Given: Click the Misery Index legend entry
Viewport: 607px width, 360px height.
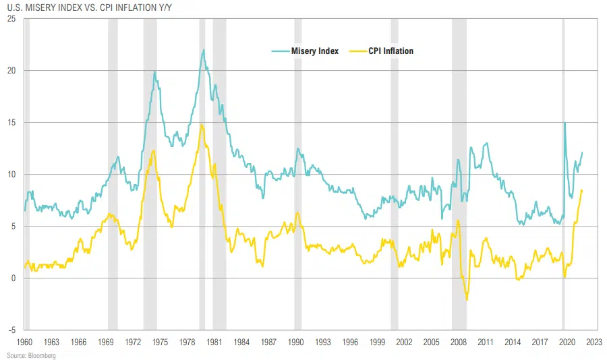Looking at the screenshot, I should click(314, 51).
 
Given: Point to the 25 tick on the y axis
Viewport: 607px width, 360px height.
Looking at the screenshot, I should click(11, 18).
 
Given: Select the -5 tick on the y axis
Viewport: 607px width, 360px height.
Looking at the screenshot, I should click(11, 330).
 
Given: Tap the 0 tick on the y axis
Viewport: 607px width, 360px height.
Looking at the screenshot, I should click(13, 278).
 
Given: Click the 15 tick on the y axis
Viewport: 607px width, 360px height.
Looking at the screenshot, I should click(11, 122).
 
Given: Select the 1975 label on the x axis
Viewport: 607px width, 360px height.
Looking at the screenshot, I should click(160, 342).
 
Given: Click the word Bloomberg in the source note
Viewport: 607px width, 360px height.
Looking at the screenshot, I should click(42, 355).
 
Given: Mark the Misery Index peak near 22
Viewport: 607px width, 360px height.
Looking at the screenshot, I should click(203, 50).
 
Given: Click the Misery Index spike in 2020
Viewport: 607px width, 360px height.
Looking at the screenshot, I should click(565, 123).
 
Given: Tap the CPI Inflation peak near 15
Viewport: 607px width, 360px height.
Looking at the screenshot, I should click(201, 124).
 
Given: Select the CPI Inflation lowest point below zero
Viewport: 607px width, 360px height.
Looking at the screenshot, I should click(467, 300).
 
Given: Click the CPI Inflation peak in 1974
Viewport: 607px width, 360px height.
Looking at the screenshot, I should click(154, 150).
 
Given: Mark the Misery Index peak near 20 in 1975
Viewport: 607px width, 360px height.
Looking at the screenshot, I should click(154, 71).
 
